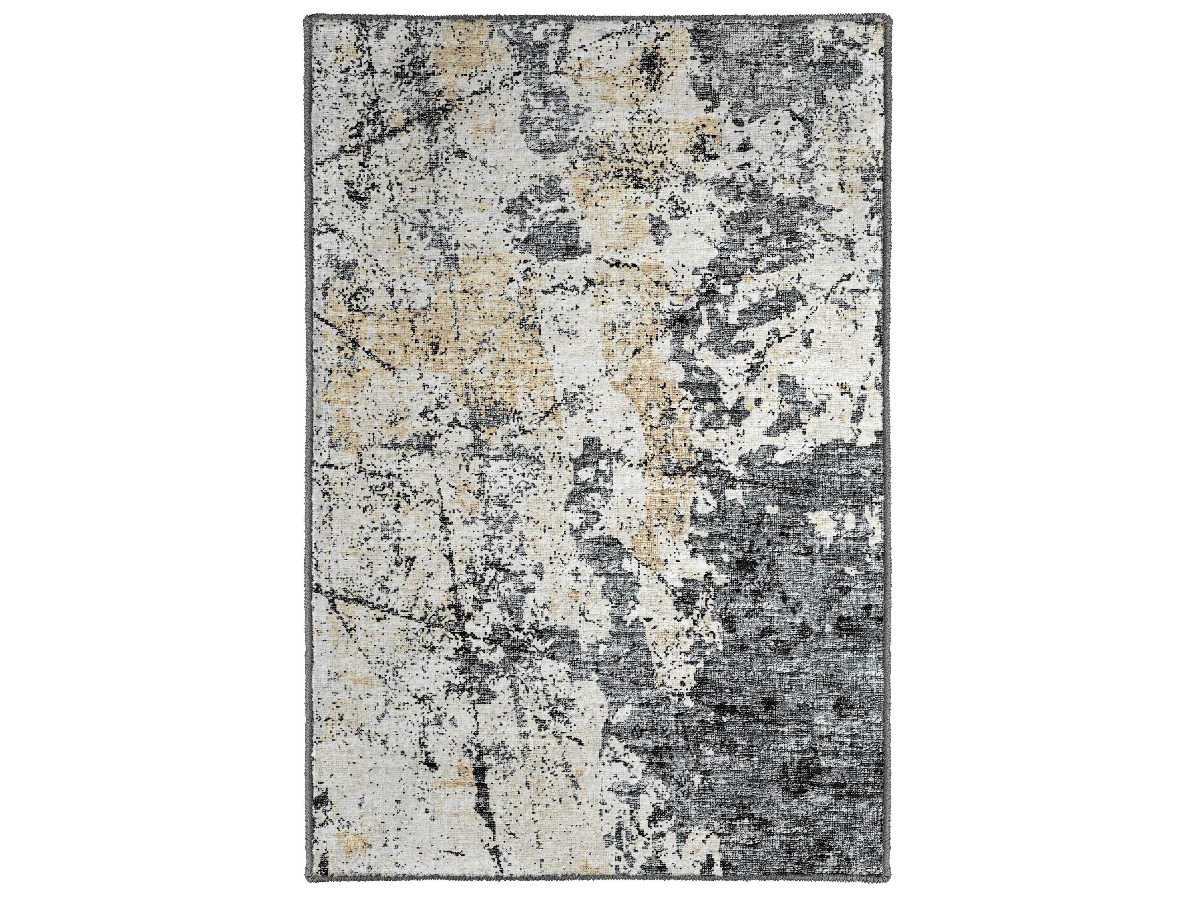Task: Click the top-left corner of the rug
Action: click(306, 18)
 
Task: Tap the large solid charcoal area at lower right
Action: click(784, 703)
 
